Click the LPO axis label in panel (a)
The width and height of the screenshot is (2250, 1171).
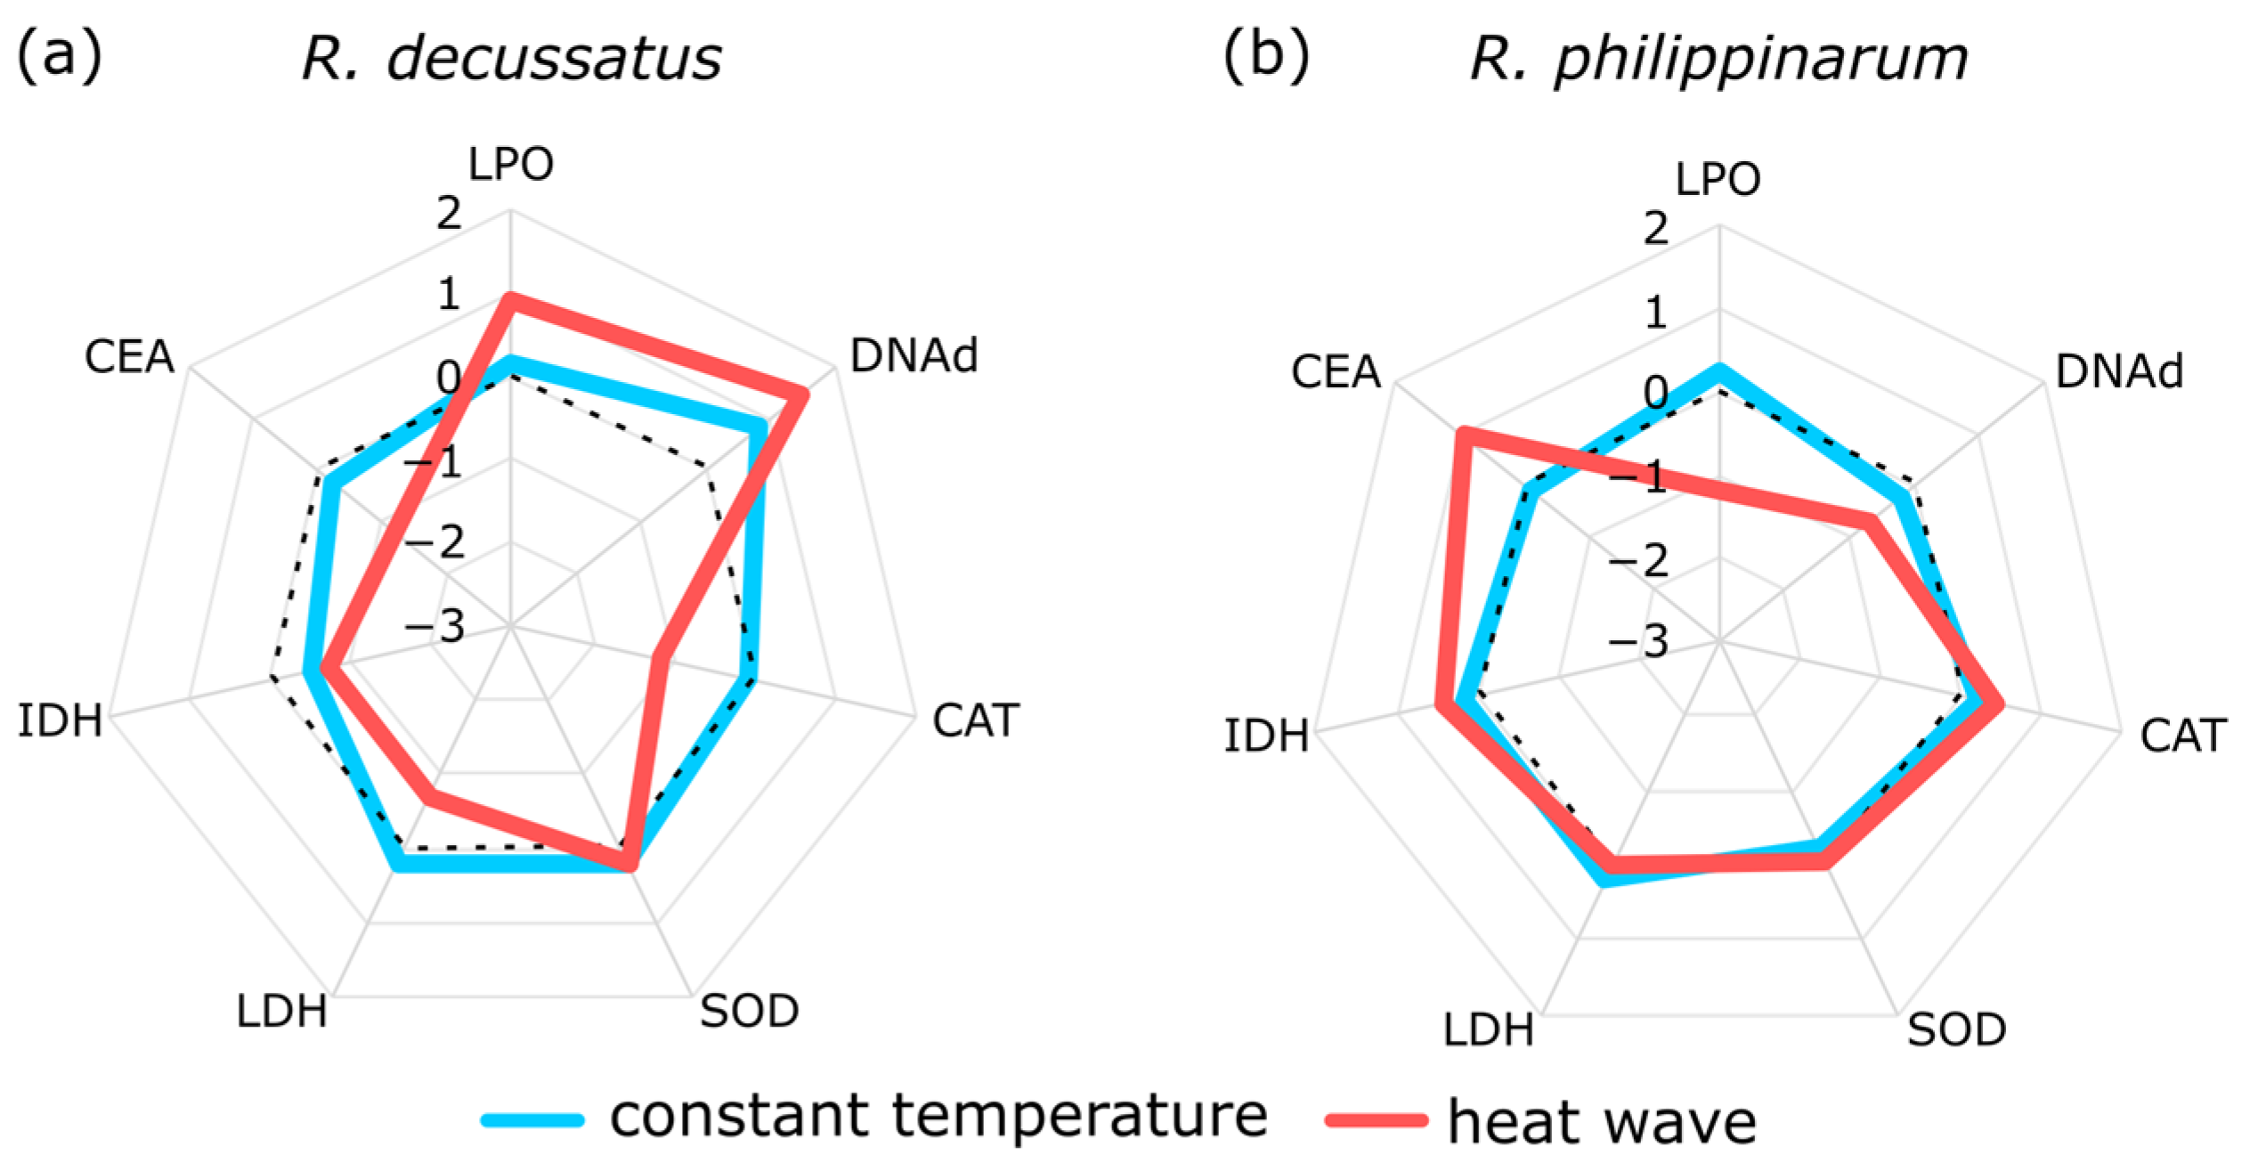511,164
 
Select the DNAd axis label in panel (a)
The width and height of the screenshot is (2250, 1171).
914,355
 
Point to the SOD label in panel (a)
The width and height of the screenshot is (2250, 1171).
749,1011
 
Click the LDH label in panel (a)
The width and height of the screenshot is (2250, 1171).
281,1012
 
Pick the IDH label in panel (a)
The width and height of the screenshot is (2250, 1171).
60,720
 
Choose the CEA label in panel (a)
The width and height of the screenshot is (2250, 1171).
129,357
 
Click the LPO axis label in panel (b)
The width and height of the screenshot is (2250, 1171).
1718,179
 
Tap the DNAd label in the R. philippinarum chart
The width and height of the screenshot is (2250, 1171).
2119,371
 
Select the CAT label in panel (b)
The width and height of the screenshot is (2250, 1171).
2183,736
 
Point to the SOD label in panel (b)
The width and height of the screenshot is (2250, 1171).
1956,1029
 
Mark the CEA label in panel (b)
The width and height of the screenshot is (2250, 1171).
1336,371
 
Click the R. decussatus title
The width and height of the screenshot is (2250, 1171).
511,59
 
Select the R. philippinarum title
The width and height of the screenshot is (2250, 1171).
1718,59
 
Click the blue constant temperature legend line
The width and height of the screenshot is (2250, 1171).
532,1119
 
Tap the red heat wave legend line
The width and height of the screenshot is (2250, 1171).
1376,1119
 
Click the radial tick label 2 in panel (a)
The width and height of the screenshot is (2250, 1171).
449,214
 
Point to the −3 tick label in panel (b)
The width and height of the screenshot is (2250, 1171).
1637,641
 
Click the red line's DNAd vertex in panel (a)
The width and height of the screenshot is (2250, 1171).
802,394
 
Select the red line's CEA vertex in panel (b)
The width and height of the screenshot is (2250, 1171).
1461,434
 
